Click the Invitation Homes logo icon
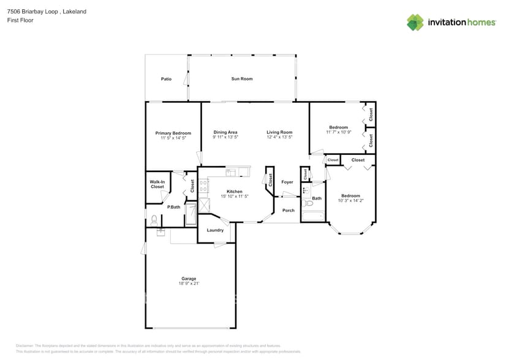[x=415, y=22]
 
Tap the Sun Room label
[x=242, y=78]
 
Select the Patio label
[x=166, y=78]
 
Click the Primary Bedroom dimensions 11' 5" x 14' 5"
[x=173, y=138]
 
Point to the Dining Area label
[x=225, y=132]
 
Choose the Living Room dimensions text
[x=279, y=138]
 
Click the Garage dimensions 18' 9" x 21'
[x=189, y=283]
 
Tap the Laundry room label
[x=215, y=230]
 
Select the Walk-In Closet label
[x=157, y=184]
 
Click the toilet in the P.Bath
[x=154, y=220]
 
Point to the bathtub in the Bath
[x=313, y=216]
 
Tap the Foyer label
[x=287, y=182]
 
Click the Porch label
[x=288, y=210]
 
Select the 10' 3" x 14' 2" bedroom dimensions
[x=351, y=200]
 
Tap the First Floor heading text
[x=21, y=20]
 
